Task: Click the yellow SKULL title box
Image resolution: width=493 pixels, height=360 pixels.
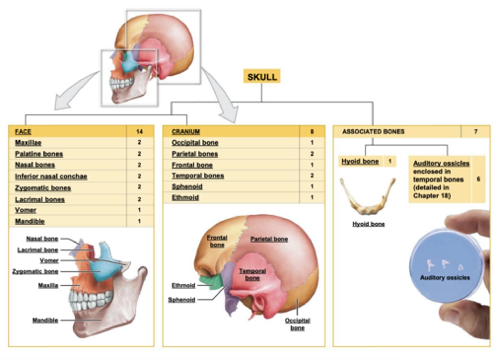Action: (x=262, y=76)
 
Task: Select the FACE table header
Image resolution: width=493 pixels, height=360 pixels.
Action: (x=23, y=132)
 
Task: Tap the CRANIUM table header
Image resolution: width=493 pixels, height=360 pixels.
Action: (x=186, y=132)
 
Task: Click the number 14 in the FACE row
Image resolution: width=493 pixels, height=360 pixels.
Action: (x=139, y=132)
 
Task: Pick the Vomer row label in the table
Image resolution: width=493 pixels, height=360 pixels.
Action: (x=25, y=210)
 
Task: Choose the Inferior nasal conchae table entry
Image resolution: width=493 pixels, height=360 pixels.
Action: (x=51, y=176)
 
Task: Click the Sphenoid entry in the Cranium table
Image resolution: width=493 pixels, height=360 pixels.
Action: (x=187, y=187)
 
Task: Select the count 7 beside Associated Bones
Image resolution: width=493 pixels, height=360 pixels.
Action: (x=476, y=132)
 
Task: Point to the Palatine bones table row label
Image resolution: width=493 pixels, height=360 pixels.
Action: (x=39, y=154)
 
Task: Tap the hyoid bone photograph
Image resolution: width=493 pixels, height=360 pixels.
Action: (x=367, y=197)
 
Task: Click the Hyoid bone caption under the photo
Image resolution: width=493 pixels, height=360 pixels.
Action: (x=368, y=224)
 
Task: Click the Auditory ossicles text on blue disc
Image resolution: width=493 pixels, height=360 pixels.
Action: (x=445, y=278)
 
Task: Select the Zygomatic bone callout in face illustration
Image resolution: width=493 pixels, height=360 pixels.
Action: (x=35, y=271)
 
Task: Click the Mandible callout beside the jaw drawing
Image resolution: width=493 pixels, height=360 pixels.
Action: (x=45, y=320)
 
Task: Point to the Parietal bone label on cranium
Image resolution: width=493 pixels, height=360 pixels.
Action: (x=269, y=239)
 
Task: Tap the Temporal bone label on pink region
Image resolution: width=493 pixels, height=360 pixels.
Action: (x=252, y=274)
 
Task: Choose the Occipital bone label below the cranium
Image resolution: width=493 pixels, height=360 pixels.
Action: (x=297, y=324)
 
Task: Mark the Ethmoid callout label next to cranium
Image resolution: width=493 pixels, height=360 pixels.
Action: (x=183, y=285)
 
